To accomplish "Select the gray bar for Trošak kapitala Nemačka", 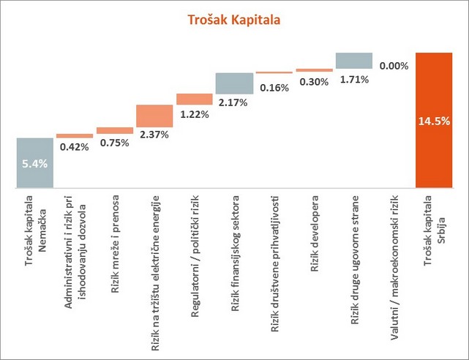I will click(x=34, y=162).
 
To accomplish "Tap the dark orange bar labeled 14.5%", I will click(x=434, y=119).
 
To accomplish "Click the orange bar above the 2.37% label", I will click(x=154, y=116).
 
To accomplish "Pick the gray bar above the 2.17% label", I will click(x=234, y=83).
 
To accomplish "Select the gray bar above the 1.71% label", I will click(x=354, y=60).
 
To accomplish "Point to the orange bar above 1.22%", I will click(x=194, y=99).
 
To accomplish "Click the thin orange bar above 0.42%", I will click(x=75, y=136).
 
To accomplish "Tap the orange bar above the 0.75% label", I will click(x=115, y=130).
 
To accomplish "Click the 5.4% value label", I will click(x=34, y=164).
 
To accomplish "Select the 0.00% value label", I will click(x=394, y=66).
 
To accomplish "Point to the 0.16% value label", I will click(x=275, y=89).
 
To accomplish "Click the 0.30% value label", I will click(x=315, y=82).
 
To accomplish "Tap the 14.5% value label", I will click(x=434, y=121).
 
